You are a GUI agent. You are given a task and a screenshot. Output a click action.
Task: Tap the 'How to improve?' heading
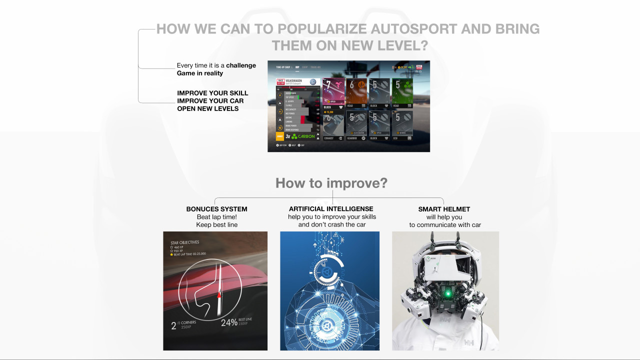click(x=331, y=183)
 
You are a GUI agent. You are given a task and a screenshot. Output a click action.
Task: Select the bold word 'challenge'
click(x=241, y=65)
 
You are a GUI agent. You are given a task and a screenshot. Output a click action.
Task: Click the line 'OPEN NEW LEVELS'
click(x=207, y=108)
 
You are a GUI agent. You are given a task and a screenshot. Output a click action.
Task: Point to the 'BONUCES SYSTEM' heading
click(x=216, y=209)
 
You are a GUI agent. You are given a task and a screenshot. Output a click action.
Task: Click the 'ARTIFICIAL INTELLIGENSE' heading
click(x=331, y=209)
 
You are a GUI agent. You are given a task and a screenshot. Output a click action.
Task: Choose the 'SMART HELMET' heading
click(x=444, y=209)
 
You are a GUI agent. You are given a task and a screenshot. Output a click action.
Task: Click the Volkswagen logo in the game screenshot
click(x=313, y=82)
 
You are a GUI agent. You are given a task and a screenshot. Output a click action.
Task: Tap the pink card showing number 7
click(x=333, y=91)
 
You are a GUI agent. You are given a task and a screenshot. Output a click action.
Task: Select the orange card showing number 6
click(x=356, y=91)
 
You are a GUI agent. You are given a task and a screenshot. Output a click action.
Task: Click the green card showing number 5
click(x=402, y=91)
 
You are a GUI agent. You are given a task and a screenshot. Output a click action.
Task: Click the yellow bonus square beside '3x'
click(x=280, y=136)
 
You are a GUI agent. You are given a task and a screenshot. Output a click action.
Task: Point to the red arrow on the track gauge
click(x=218, y=295)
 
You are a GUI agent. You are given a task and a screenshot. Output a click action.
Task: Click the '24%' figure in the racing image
click(x=229, y=322)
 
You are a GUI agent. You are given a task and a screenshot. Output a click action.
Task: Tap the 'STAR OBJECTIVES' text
click(x=184, y=242)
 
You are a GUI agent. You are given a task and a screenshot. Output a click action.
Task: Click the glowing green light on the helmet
click(x=447, y=293)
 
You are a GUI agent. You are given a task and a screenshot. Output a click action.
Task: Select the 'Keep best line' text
click(x=216, y=225)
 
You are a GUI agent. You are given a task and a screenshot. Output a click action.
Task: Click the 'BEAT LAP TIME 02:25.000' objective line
click(x=192, y=254)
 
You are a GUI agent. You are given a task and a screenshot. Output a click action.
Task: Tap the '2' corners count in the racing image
click(x=173, y=326)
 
